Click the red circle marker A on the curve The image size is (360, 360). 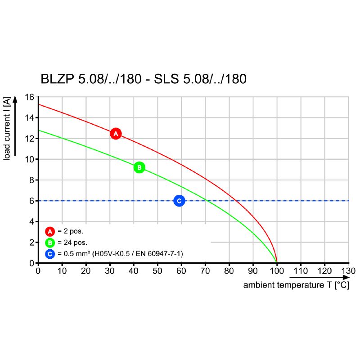(116, 134)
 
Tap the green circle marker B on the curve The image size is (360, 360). (139, 167)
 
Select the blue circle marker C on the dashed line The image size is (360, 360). (179, 201)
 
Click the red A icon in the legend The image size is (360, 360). (50, 231)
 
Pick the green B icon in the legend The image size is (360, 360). (50, 243)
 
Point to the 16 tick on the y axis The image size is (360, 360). (30, 97)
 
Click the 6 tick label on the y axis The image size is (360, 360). (32, 201)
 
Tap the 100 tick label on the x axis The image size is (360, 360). (277, 271)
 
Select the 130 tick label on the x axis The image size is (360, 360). (348, 271)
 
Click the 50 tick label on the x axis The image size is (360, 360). (157, 271)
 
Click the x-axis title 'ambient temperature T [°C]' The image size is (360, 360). (296, 285)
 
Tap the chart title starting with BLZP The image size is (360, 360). (144, 79)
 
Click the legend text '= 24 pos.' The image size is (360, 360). (72, 243)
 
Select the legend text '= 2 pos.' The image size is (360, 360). (70, 231)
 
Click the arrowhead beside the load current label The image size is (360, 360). (15, 99)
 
